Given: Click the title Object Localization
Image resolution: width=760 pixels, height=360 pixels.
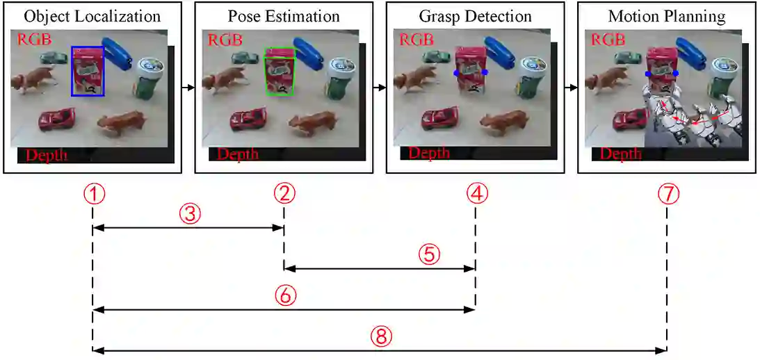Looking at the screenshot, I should [92, 15].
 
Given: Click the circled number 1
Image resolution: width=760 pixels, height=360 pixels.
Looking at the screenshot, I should [92, 195].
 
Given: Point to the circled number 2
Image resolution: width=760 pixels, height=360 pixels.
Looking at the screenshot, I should [283, 195].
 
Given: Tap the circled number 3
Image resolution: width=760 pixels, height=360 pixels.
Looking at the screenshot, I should [190, 215].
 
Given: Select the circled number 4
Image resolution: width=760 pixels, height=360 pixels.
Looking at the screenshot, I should [476, 195].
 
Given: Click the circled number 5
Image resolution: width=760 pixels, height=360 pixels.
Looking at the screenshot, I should [429, 254].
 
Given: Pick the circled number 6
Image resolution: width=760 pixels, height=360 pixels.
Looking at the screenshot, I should [285, 295].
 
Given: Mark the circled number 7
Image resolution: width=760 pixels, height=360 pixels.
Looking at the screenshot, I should [668, 195].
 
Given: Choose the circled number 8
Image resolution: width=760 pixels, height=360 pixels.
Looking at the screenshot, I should [381, 337].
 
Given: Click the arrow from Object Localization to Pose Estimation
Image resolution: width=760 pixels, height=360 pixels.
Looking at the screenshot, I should [186, 88].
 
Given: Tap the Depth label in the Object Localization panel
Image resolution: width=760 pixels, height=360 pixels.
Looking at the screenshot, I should [47, 154].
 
